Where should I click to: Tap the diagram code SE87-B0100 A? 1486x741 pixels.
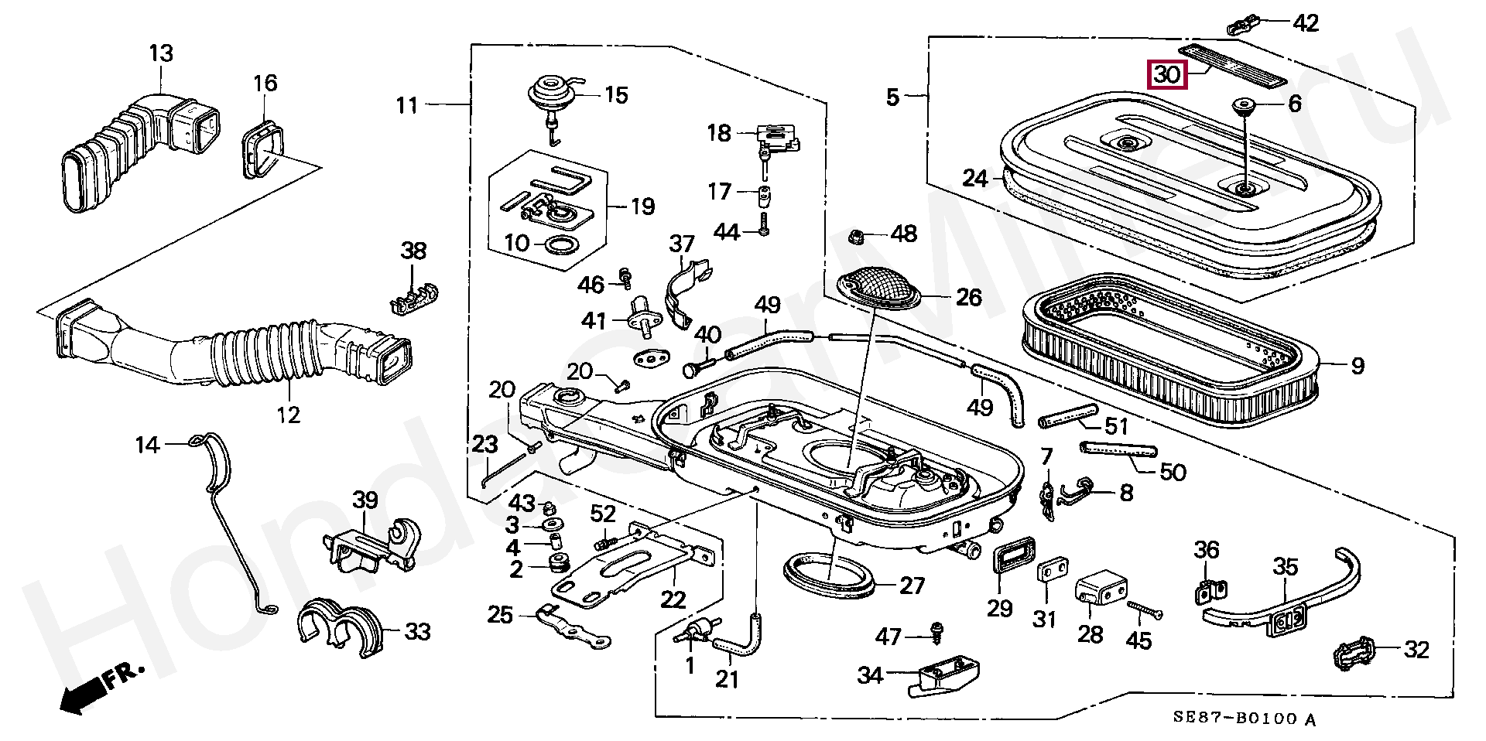(x=1243, y=719)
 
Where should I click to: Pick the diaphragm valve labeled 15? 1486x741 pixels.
(x=551, y=91)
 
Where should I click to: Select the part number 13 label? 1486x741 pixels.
(x=161, y=54)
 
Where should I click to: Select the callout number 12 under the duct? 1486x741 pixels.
(x=288, y=415)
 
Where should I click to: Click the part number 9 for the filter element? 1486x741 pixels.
(x=1358, y=366)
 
